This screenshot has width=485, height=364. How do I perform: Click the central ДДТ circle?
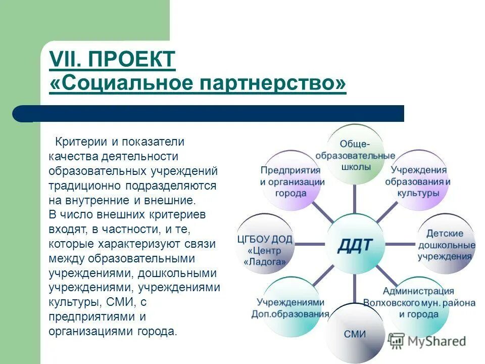354,244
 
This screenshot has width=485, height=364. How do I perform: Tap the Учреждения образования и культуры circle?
418,180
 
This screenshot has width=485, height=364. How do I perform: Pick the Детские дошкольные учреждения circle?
445,244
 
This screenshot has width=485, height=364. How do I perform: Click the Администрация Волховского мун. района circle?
419,303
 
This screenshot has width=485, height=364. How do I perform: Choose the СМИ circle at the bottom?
355,333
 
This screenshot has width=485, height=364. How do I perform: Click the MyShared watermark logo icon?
397,340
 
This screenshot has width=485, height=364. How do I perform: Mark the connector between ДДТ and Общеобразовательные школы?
354,198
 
